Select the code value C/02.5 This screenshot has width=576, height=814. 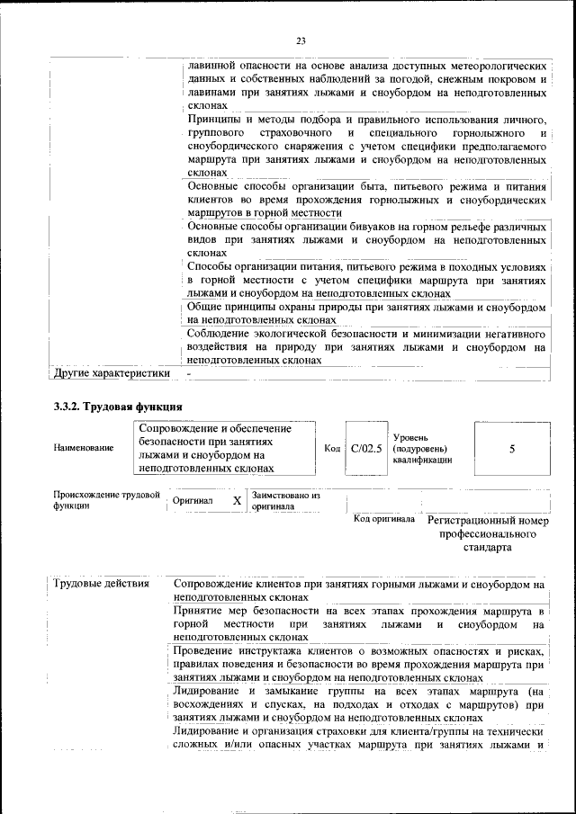pyautogui.click(x=366, y=448)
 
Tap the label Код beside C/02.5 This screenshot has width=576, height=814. pyautogui.click(x=331, y=448)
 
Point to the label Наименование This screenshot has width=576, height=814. pyautogui.click(x=83, y=448)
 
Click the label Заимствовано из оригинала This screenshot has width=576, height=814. pyautogui.click(x=286, y=501)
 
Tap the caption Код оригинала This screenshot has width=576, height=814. pyautogui.click(x=383, y=519)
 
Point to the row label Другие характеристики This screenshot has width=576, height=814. pyautogui.click(x=112, y=373)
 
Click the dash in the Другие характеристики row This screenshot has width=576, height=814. pyautogui.click(x=189, y=373)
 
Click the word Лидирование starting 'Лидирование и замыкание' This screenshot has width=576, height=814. pyautogui.click(x=207, y=691)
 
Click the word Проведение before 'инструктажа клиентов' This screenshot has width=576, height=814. pyautogui.click(x=206, y=650)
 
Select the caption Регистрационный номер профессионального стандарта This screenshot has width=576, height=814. pyautogui.click(x=488, y=533)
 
